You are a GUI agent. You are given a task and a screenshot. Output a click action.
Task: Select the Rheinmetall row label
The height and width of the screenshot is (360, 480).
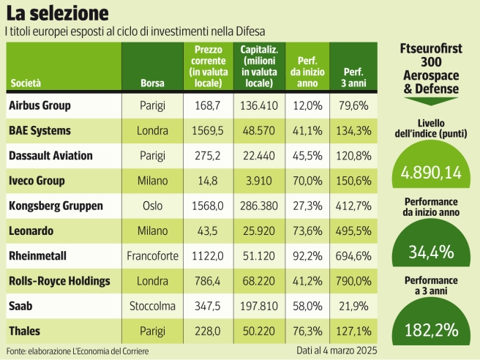coord(37,255)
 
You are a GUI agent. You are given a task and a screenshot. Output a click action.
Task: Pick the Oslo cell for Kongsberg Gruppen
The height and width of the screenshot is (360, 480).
coord(152,206)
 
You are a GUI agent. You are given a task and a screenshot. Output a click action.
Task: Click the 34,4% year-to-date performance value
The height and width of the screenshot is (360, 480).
coord(430,253)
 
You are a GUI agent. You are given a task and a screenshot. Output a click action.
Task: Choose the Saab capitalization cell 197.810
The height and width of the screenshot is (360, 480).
coord(259,306)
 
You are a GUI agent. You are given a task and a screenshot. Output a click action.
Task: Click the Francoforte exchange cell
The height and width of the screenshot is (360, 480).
coord(152,256)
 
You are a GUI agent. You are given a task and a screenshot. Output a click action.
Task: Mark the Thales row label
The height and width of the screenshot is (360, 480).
coord(26,331)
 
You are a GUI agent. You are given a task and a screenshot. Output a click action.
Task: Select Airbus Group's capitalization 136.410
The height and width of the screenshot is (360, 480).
coord(259,105)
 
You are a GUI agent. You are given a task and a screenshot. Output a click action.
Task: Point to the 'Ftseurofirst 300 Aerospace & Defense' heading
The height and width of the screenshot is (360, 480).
coord(430,70)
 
